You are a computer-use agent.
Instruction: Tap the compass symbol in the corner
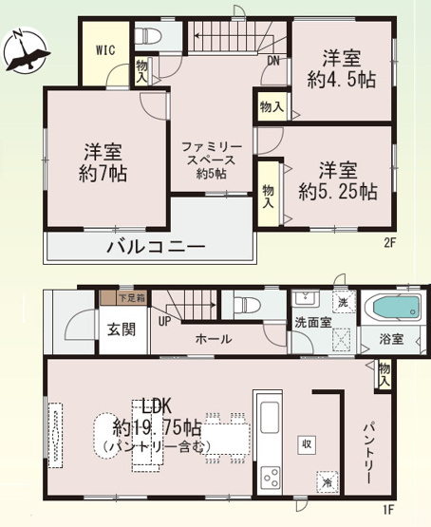tap(26, 52)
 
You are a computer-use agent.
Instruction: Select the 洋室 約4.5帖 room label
tap(339, 68)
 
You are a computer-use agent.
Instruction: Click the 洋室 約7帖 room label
tap(104, 161)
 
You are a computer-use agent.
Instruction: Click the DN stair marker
tap(272, 63)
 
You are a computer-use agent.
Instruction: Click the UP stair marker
tap(164, 322)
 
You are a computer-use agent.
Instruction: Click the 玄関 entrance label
tap(121, 329)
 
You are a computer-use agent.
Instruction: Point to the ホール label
tap(214, 338)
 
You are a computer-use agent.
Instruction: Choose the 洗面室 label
tap(312, 323)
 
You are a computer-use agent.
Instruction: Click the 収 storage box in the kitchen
tap(307, 443)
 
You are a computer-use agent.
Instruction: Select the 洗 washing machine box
tap(343, 302)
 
